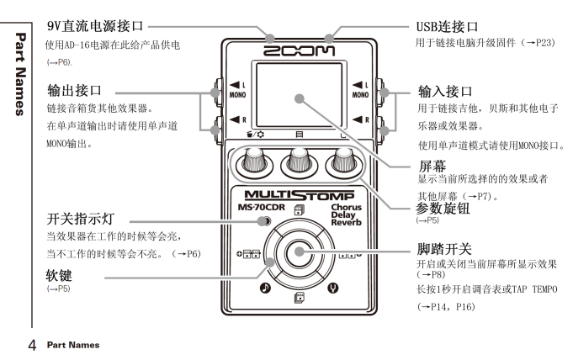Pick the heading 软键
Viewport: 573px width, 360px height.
point(62,275)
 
